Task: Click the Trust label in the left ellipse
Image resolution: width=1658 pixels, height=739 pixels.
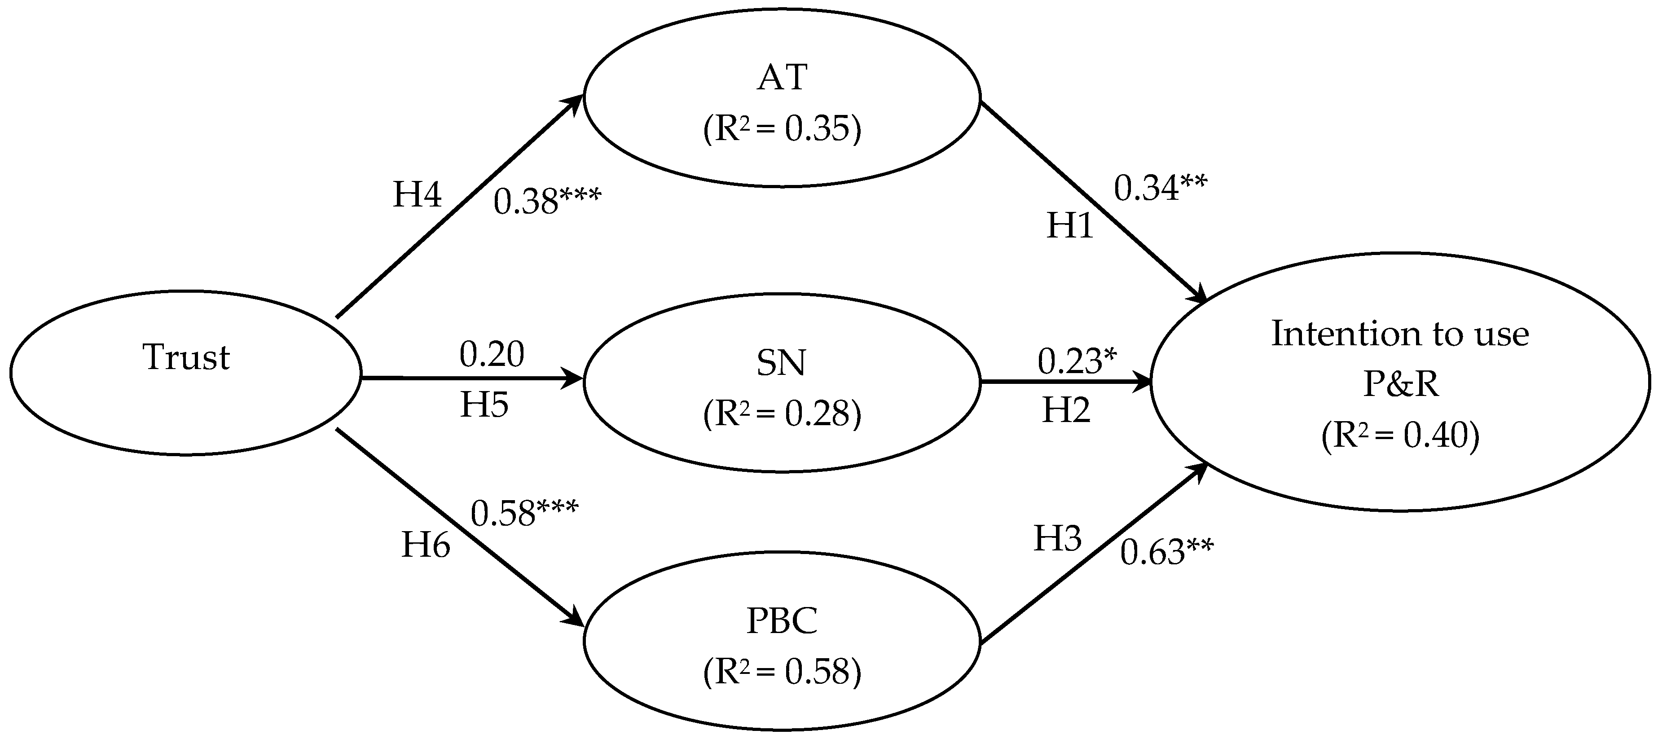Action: tap(186, 357)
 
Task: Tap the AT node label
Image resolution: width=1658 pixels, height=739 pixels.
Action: tap(782, 78)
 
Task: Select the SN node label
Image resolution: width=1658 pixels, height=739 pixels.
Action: tap(781, 363)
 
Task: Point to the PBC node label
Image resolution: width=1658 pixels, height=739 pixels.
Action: tap(782, 622)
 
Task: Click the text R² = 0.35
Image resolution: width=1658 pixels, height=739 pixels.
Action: tap(782, 129)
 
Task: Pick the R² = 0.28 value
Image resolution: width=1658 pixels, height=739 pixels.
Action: tap(782, 414)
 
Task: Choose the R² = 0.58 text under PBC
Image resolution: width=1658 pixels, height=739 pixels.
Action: tap(782, 671)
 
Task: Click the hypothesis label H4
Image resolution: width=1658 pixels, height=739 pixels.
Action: tap(417, 194)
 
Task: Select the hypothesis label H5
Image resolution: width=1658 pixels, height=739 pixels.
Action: tap(484, 405)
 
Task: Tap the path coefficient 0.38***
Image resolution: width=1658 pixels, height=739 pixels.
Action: tap(547, 202)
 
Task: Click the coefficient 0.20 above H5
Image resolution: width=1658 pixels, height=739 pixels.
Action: tap(492, 354)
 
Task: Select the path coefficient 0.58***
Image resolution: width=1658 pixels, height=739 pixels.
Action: tap(524, 513)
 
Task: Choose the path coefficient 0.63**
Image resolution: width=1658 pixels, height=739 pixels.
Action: tap(1167, 552)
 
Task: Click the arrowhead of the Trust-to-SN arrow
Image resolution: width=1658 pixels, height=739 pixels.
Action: tap(573, 378)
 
